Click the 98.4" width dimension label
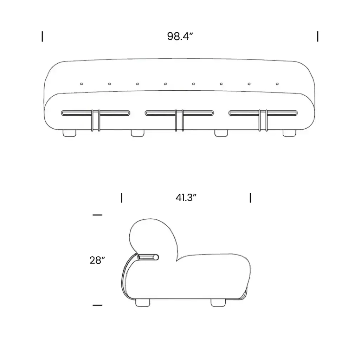click(180, 37)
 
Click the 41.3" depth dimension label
click(186, 198)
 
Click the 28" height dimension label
click(97, 261)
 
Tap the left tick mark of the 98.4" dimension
click(43, 37)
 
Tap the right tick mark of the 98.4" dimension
click(317, 37)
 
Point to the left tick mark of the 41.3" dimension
click(122, 198)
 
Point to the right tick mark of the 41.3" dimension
click(250, 198)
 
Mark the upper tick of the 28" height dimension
click(97, 215)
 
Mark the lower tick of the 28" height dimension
click(97, 305)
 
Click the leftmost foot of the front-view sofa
click(69, 133)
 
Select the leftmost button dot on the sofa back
click(81, 84)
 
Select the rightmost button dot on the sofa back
click(277, 84)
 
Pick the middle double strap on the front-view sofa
click(179, 120)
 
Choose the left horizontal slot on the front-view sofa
click(96, 113)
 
